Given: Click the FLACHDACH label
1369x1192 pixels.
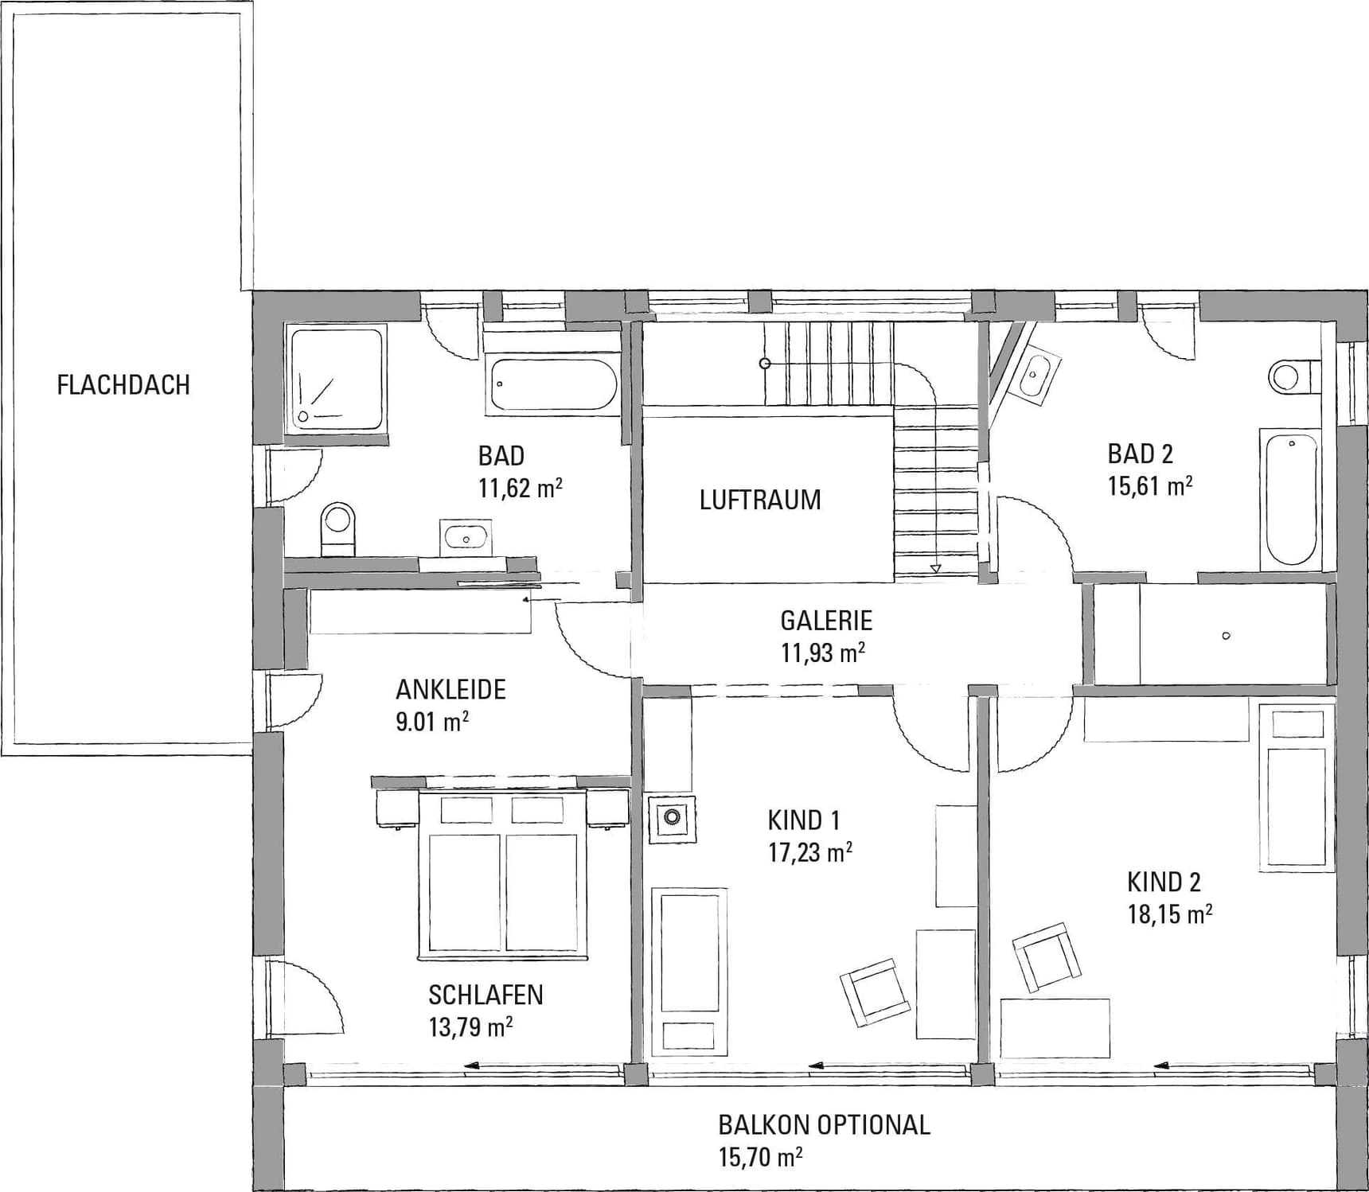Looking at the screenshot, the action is [x=123, y=385].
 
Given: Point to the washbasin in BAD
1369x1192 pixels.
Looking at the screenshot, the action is [x=466, y=536].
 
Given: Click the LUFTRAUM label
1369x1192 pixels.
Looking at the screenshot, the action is [x=760, y=500].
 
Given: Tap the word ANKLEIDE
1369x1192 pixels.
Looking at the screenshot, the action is [x=451, y=689].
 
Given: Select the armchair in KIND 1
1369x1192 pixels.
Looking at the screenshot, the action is [x=875, y=992].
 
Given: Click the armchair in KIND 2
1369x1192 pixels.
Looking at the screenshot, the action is [x=1047, y=957].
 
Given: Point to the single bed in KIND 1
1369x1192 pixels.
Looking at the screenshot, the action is [x=689, y=972].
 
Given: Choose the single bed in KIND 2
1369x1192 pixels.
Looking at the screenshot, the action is [x=1297, y=787].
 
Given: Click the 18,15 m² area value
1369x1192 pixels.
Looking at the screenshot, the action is [x=1170, y=914].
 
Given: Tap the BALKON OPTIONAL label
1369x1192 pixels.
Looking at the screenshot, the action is [x=824, y=1124].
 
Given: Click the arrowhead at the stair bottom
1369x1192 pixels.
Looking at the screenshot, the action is [x=936, y=569].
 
